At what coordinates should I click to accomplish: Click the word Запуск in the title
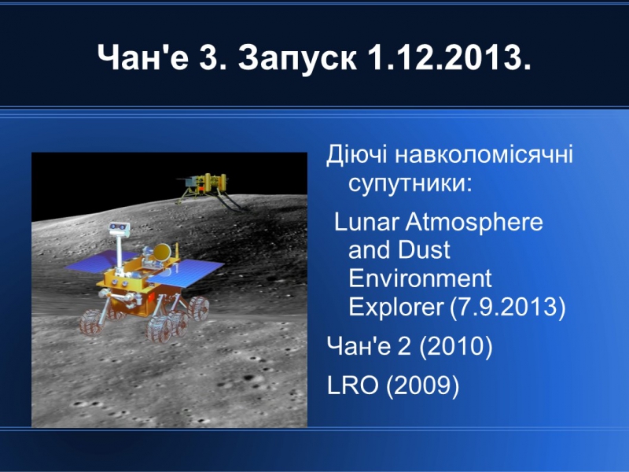click(x=297, y=57)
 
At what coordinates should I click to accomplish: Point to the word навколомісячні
click(x=484, y=154)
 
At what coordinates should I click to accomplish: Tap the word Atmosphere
click(x=474, y=223)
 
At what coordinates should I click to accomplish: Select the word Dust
click(x=425, y=249)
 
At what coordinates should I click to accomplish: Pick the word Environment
click(x=420, y=278)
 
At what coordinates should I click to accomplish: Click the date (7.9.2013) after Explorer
click(x=507, y=307)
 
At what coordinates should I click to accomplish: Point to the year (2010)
click(x=456, y=345)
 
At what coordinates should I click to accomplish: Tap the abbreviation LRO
click(x=352, y=385)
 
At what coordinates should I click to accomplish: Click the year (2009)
click(x=423, y=385)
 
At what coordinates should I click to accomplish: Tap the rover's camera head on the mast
click(x=120, y=229)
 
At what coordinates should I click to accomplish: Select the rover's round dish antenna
click(x=163, y=252)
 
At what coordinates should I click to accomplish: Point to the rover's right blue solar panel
click(x=188, y=272)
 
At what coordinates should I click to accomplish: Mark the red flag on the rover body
click(x=151, y=297)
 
